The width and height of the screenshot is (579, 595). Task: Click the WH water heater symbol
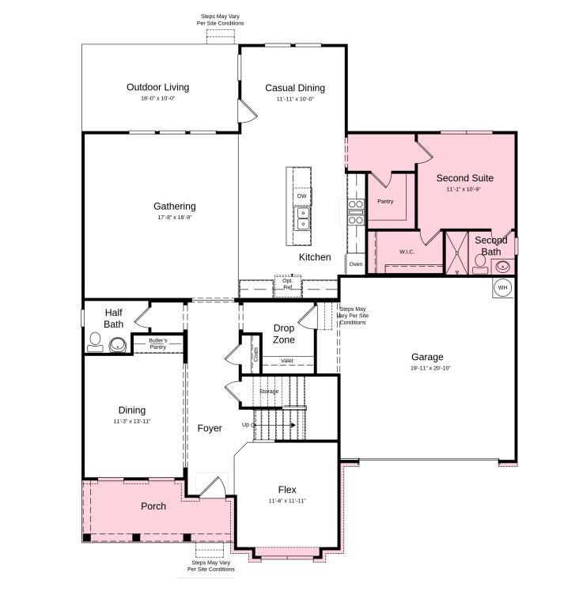(502, 287)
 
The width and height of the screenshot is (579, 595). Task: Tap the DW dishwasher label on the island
(301, 195)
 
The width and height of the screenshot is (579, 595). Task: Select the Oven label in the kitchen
(355, 263)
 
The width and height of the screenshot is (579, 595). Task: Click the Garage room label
(427, 357)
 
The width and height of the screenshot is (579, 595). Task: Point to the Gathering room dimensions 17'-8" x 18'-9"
(175, 218)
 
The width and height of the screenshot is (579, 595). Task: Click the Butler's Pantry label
(158, 343)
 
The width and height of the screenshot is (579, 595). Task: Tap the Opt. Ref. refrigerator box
(288, 284)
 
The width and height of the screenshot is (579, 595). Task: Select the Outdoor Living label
(158, 87)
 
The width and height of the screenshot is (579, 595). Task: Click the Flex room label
(287, 490)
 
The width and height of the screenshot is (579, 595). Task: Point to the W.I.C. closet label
(407, 252)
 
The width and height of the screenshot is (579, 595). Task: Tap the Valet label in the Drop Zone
(287, 361)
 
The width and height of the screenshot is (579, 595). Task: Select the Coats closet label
(255, 353)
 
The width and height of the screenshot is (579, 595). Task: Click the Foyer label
(210, 428)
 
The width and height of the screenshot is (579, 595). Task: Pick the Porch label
(153, 506)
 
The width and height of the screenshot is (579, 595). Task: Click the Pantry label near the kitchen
(385, 201)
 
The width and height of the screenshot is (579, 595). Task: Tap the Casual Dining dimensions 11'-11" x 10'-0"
(295, 99)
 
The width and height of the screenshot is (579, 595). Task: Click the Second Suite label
(464, 178)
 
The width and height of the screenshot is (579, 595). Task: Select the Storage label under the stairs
(269, 391)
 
